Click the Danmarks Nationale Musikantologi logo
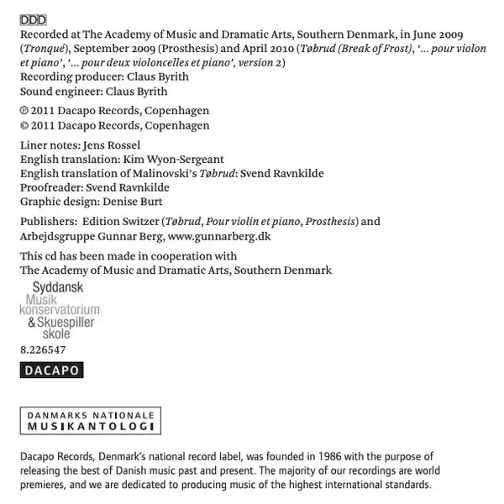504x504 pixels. (x=89, y=421)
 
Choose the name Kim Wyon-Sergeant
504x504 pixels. (x=173, y=159)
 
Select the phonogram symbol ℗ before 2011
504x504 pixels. (x=24, y=111)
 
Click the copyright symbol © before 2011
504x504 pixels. (x=24, y=125)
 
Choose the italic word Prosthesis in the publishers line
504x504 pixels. (x=331, y=222)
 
